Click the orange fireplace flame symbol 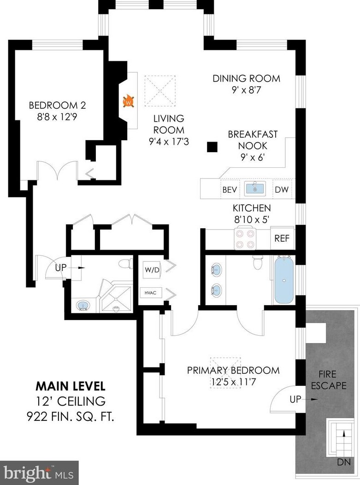[129, 101]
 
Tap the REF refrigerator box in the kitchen [282, 238]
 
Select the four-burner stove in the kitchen [244, 238]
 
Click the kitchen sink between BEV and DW [255, 189]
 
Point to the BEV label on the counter [230, 189]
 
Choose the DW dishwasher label [282, 189]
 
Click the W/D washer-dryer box [152, 270]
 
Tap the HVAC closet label [150, 293]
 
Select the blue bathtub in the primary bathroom [284, 280]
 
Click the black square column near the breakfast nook [212, 147]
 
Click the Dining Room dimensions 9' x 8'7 [247, 90]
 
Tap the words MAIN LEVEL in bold [71, 386]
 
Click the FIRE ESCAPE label [329, 380]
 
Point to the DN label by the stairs [344, 462]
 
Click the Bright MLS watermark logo [39, 473]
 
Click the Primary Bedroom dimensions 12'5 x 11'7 [233, 382]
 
